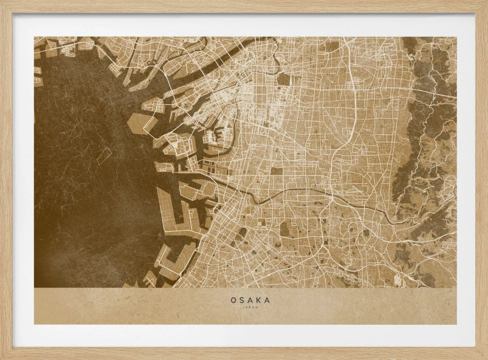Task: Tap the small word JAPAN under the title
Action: pyautogui.click(x=250, y=308)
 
